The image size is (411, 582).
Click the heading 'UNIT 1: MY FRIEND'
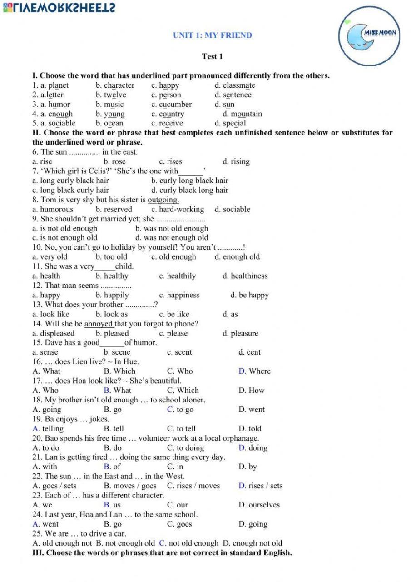pyautogui.click(x=213, y=35)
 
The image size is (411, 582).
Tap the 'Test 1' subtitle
pyautogui.click(x=213, y=56)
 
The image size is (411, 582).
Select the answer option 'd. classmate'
pyautogui.click(x=234, y=85)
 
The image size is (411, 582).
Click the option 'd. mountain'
pyautogui.click(x=242, y=114)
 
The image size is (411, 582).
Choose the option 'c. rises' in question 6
pyautogui.click(x=170, y=161)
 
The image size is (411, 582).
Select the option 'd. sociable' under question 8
pyautogui.click(x=232, y=209)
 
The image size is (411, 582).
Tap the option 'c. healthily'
pyautogui.click(x=177, y=276)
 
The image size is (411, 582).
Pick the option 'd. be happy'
pyautogui.click(x=249, y=295)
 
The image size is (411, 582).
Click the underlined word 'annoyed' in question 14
pyautogui.click(x=99, y=324)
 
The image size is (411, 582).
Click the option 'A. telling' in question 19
pyautogui.click(x=48, y=428)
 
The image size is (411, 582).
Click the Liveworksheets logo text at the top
pyautogui.click(x=59, y=8)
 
